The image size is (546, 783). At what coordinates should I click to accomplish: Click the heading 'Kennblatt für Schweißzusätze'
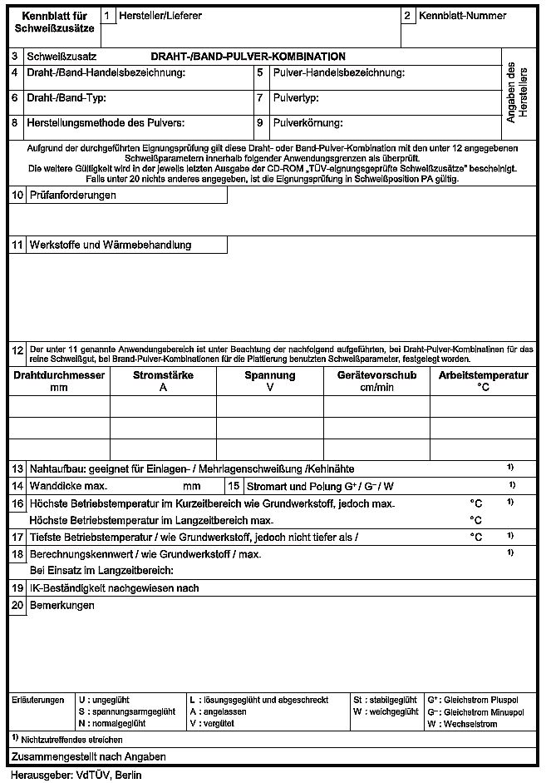(55, 22)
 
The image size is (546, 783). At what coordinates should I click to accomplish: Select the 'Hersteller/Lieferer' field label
(160, 16)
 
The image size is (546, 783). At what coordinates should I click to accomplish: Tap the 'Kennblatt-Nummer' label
(462, 16)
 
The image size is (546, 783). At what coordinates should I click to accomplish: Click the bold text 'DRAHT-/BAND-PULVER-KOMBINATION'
(248, 57)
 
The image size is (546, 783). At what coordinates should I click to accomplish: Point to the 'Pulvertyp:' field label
(296, 98)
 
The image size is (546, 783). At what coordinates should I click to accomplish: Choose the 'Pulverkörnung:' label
(307, 123)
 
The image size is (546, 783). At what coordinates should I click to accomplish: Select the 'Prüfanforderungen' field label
(72, 196)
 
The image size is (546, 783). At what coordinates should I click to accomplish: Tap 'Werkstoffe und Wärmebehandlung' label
(110, 245)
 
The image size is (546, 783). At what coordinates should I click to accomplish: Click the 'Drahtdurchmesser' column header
(59, 376)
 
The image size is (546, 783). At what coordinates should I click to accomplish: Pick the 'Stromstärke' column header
(163, 376)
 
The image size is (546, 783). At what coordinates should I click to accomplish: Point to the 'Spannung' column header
(269, 376)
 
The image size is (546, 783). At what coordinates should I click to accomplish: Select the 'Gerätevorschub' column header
(376, 376)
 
